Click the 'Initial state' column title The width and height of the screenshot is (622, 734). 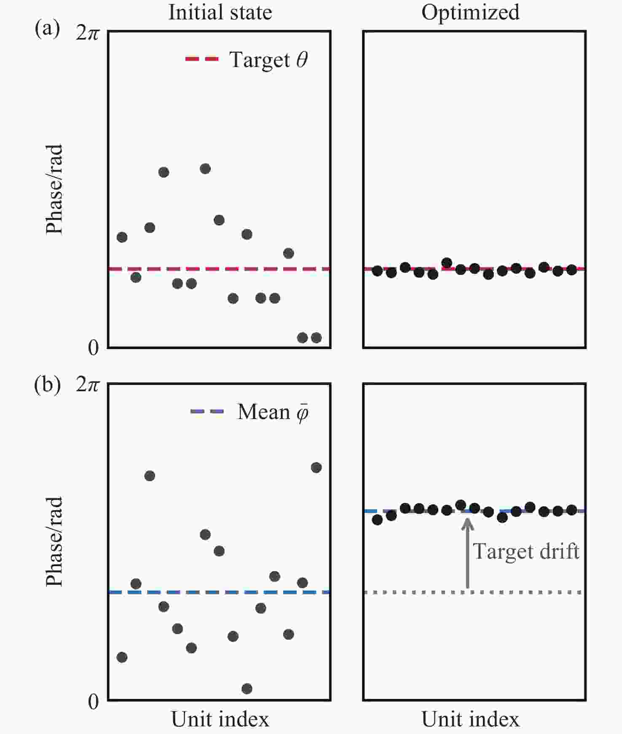pyautogui.click(x=220, y=12)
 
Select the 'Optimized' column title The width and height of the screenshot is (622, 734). pyautogui.click(x=470, y=12)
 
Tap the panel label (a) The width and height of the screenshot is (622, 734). pyautogui.click(x=47, y=30)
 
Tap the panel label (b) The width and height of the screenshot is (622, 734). pyautogui.click(x=47, y=385)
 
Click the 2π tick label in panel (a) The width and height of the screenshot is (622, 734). pyautogui.click(x=87, y=33)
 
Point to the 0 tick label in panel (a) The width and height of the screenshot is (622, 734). pyautogui.click(x=93, y=348)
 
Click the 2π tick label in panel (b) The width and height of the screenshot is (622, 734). pyautogui.click(x=87, y=385)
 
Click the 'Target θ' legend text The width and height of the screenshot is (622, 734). pyautogui.click(x=268, y=60)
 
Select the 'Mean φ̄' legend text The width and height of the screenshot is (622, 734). pyautogui.click(x=273, y=412)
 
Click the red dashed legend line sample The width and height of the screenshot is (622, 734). pyautogui.click(x=202, y=59)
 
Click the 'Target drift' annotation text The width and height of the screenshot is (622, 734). pyautogui.click(x=526, y=551)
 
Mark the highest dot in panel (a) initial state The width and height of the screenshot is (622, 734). pyautogui.click(x=205, y=169)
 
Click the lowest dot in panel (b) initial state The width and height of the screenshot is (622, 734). pyautogui.click(x=247, y=688)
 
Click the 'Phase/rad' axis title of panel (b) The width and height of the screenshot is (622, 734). pyautogui.click(x=54, y=541)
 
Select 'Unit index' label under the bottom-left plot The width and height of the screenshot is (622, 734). pyautogui.click(x=220, y=719)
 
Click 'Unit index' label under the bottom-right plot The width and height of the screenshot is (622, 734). pyautogui.click(x=470, y=719)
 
